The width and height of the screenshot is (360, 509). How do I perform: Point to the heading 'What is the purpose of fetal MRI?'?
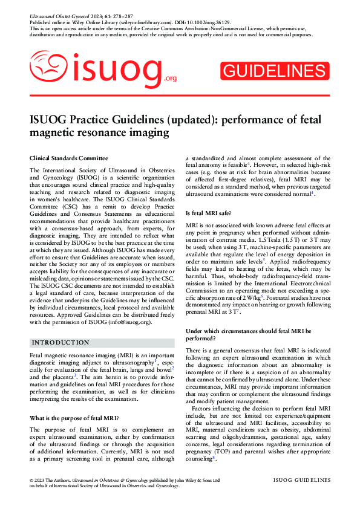(x=74, y=418)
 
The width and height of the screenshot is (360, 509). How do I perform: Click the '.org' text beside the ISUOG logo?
(x=170, y=79)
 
